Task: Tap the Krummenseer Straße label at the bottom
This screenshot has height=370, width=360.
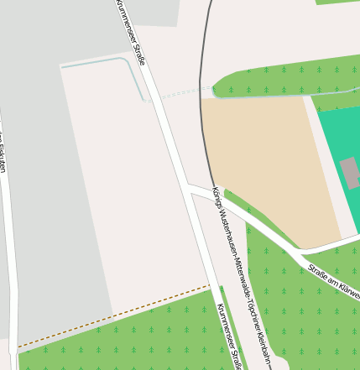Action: click(228, 336)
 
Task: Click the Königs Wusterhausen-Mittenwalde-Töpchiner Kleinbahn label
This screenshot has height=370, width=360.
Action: click(243, 277)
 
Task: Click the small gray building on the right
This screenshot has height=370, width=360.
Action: click(350, 172)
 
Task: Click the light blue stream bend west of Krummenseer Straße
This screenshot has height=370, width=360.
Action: click(133, 65)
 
